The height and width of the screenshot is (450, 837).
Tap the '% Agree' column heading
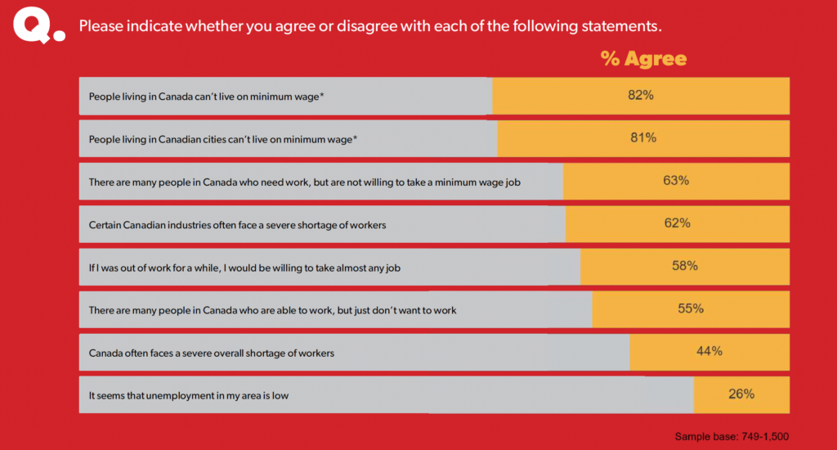click(x=643, y=58)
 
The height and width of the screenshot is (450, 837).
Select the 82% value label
click(x=641, y=96)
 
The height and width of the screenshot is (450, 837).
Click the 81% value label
click(x=643, y=138)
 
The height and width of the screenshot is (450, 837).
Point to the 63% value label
click(x=676, y=181)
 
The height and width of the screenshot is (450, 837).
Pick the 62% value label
click(x=677, y=223)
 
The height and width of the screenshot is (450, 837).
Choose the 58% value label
click(x=684, y=266)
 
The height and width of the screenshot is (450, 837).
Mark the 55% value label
click(x=691, y=308)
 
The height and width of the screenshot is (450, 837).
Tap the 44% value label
click(x=709, y=351)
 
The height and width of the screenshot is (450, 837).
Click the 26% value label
click(x=741, y=394)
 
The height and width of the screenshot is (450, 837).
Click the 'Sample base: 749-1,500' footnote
click(x=732, y=436)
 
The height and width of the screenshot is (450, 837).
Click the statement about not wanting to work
click(x=272, y=310)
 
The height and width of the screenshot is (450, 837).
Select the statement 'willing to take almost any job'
click(x=244, y=268)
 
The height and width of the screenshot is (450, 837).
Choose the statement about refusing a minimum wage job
click(x=304, y=182)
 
